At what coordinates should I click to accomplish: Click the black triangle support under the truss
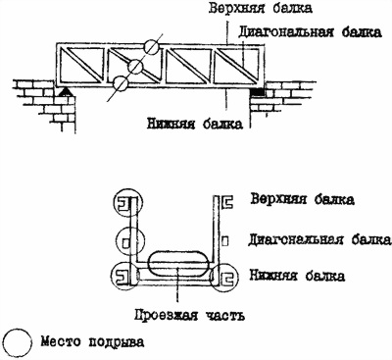tap(66, 91)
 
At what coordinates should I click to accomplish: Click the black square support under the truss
tap(256, 92)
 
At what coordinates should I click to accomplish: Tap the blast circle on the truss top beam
tap(152, 47)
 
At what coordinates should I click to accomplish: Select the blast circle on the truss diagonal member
tap(135, 67)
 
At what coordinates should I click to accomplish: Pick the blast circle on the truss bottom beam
tap(121, 83)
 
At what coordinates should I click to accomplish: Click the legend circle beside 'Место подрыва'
tap(19, 342)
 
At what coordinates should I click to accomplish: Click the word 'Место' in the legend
tap(61, 341)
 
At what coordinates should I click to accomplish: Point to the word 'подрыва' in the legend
tap(117, 342)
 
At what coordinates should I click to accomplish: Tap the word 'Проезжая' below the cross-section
tap(167, 315)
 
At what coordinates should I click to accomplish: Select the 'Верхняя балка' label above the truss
tap(261, 9)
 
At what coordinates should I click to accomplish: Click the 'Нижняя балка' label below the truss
tap(195, 124)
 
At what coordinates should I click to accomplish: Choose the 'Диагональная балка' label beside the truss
tap(310, 32)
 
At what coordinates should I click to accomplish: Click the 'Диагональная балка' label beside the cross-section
tap(319, 239)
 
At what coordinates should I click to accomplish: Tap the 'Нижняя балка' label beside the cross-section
tap(297, 276)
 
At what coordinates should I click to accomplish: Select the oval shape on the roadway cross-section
tap(178, 263)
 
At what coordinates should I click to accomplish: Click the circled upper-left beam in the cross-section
tap(128, 203)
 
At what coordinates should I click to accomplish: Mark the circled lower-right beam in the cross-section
tap(224, 278)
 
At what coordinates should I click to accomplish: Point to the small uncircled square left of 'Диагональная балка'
tap(225, 241)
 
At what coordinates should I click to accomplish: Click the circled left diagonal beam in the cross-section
tap(130, 241)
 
